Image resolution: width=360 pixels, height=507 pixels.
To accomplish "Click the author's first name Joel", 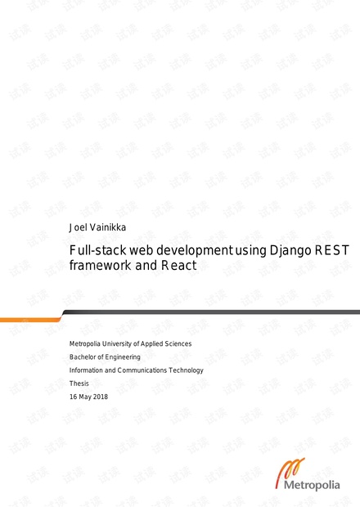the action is (x=78, y=227).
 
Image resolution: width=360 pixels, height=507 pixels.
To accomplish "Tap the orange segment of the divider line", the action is (x=31, y=320).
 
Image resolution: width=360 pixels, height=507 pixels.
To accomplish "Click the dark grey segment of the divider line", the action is (x=211, y=312).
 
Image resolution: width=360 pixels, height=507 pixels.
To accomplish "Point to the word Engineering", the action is (x=122, y=357).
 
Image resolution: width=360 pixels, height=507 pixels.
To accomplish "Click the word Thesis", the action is (x=79, y=384).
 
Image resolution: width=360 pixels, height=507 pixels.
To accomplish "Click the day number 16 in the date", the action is (x=73, y=397).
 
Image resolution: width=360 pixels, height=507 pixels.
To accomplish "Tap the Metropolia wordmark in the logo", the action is (x=312, y=485).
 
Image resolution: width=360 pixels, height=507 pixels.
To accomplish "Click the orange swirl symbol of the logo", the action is (x=290, y=471).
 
